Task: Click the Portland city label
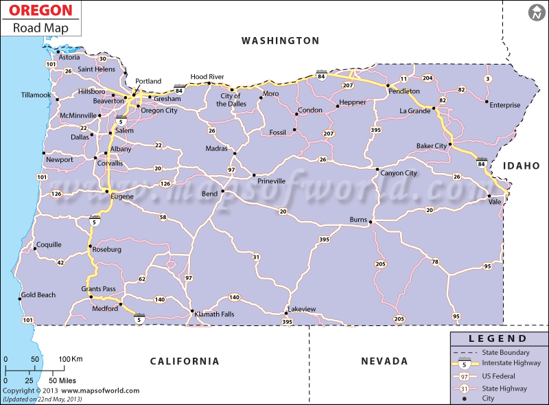(148, 81)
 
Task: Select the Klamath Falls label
(215, 314)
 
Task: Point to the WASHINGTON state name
(280, 40)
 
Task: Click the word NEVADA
(384, 361)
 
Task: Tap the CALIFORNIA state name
(185, 361)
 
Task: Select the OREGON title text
(40, 10)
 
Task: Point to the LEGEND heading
(499, 338)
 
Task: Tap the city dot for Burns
(371, 222)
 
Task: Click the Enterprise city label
(505, 105)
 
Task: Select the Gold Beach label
(38, 295)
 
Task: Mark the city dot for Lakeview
(285, 314)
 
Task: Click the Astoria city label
(69, 57)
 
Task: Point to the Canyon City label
(399, 173)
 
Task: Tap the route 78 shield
(434, 262)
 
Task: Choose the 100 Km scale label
(70, 359)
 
